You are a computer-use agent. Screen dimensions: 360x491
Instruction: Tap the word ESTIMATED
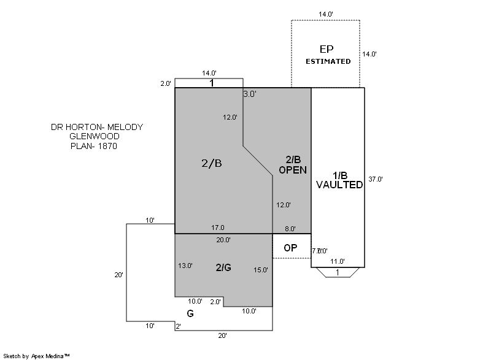[x=328, y=61]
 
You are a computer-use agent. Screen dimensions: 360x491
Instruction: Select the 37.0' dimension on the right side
[x=376, y=179]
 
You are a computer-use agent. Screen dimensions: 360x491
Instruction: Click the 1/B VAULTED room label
[x=339, y=180]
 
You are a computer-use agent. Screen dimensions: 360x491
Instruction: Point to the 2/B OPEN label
[x=292, y=166]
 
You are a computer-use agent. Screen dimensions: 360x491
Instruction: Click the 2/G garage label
[x=223, y=267]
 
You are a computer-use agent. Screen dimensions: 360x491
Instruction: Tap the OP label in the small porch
[x=290, y=248]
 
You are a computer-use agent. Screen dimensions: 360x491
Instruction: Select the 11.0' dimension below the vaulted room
[x=338, y=261]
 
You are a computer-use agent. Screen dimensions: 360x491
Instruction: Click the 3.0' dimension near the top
[x=250, y=94]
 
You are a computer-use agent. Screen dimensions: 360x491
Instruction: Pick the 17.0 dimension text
[x=218, y=228]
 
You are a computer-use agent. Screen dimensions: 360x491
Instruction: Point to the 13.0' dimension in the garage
[x=185, y=266]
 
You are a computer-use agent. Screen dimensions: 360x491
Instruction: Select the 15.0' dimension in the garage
[x=261, y=270]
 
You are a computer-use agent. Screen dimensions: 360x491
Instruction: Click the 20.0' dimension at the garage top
[x=223, y=240]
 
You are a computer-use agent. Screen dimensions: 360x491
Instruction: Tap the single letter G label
[x=190, y=313]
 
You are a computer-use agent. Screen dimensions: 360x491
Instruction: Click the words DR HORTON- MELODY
[x=97, y=127]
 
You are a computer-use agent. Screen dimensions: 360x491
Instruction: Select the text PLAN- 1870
[x=93, y=147]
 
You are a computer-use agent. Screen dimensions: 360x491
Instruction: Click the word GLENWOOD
[x=94, y=137]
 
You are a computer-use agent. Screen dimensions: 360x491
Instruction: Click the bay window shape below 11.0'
[x=338, y=272]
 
